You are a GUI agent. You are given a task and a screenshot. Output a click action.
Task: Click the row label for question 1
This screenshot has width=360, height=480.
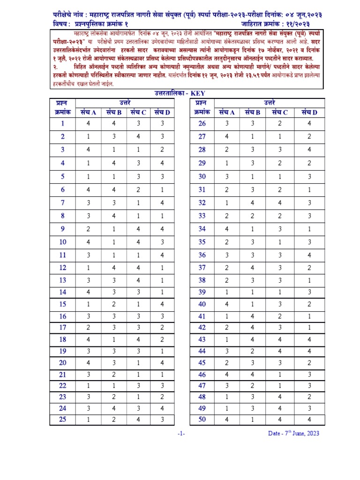62,124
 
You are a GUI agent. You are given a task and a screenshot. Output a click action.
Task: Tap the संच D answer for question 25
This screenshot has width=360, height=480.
162,420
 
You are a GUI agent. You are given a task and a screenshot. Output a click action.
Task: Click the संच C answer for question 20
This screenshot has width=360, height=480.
138,362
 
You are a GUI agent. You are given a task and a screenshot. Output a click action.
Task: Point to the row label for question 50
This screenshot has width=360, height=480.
202,420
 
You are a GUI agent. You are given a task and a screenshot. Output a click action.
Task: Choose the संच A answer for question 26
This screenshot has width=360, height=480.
227,124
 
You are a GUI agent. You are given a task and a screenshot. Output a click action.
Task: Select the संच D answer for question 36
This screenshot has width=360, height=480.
309,255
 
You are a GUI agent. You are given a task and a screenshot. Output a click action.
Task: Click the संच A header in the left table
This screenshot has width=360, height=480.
88,112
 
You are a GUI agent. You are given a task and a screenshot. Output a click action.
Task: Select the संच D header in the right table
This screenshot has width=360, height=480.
309,112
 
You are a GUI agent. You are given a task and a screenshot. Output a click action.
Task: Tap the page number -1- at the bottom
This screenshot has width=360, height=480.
181,434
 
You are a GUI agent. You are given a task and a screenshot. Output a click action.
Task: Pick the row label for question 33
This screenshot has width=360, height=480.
202,216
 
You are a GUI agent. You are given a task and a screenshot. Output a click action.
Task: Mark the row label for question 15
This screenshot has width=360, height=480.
62,304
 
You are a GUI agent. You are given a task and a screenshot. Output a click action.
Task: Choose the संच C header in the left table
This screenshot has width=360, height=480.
138,112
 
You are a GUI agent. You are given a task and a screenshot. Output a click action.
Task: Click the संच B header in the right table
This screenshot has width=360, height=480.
252,112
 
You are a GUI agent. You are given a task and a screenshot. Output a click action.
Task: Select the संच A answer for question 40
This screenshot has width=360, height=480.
227,304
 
